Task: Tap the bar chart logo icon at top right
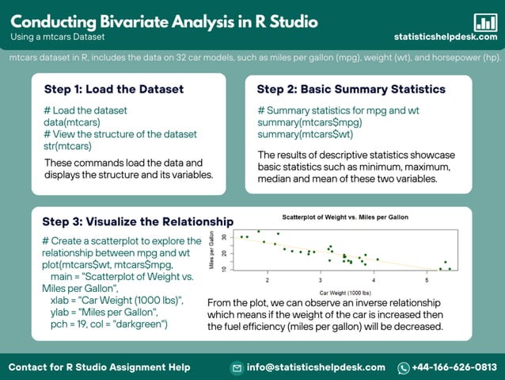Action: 484,21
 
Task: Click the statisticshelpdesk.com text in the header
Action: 446,37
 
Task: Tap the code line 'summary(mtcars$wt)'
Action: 307,135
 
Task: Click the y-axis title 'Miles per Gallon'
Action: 212,253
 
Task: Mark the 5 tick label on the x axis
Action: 427,281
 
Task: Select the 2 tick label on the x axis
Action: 268,281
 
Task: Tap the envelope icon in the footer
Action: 236,367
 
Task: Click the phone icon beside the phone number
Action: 403,367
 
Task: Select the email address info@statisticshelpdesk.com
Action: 315,367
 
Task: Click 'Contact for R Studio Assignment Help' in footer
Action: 99,367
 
